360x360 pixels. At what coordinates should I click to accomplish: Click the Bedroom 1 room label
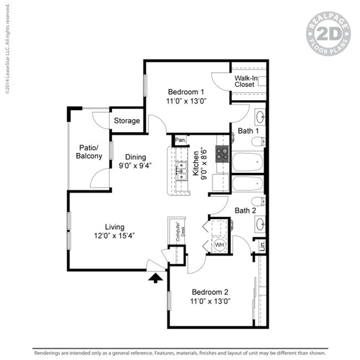186,92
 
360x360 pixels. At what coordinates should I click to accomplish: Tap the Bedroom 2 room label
210,292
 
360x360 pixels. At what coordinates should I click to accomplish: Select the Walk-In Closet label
244,81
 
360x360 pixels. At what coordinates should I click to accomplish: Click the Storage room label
127,121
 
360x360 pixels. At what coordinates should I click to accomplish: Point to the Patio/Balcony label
89,152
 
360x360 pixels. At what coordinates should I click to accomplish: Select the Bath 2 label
245,210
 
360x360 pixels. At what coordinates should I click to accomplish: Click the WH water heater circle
219,244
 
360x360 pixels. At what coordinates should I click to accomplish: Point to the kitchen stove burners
222,153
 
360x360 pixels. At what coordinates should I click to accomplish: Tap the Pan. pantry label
181,140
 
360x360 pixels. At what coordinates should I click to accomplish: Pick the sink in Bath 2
260,224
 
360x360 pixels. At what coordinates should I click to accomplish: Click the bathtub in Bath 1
247,162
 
